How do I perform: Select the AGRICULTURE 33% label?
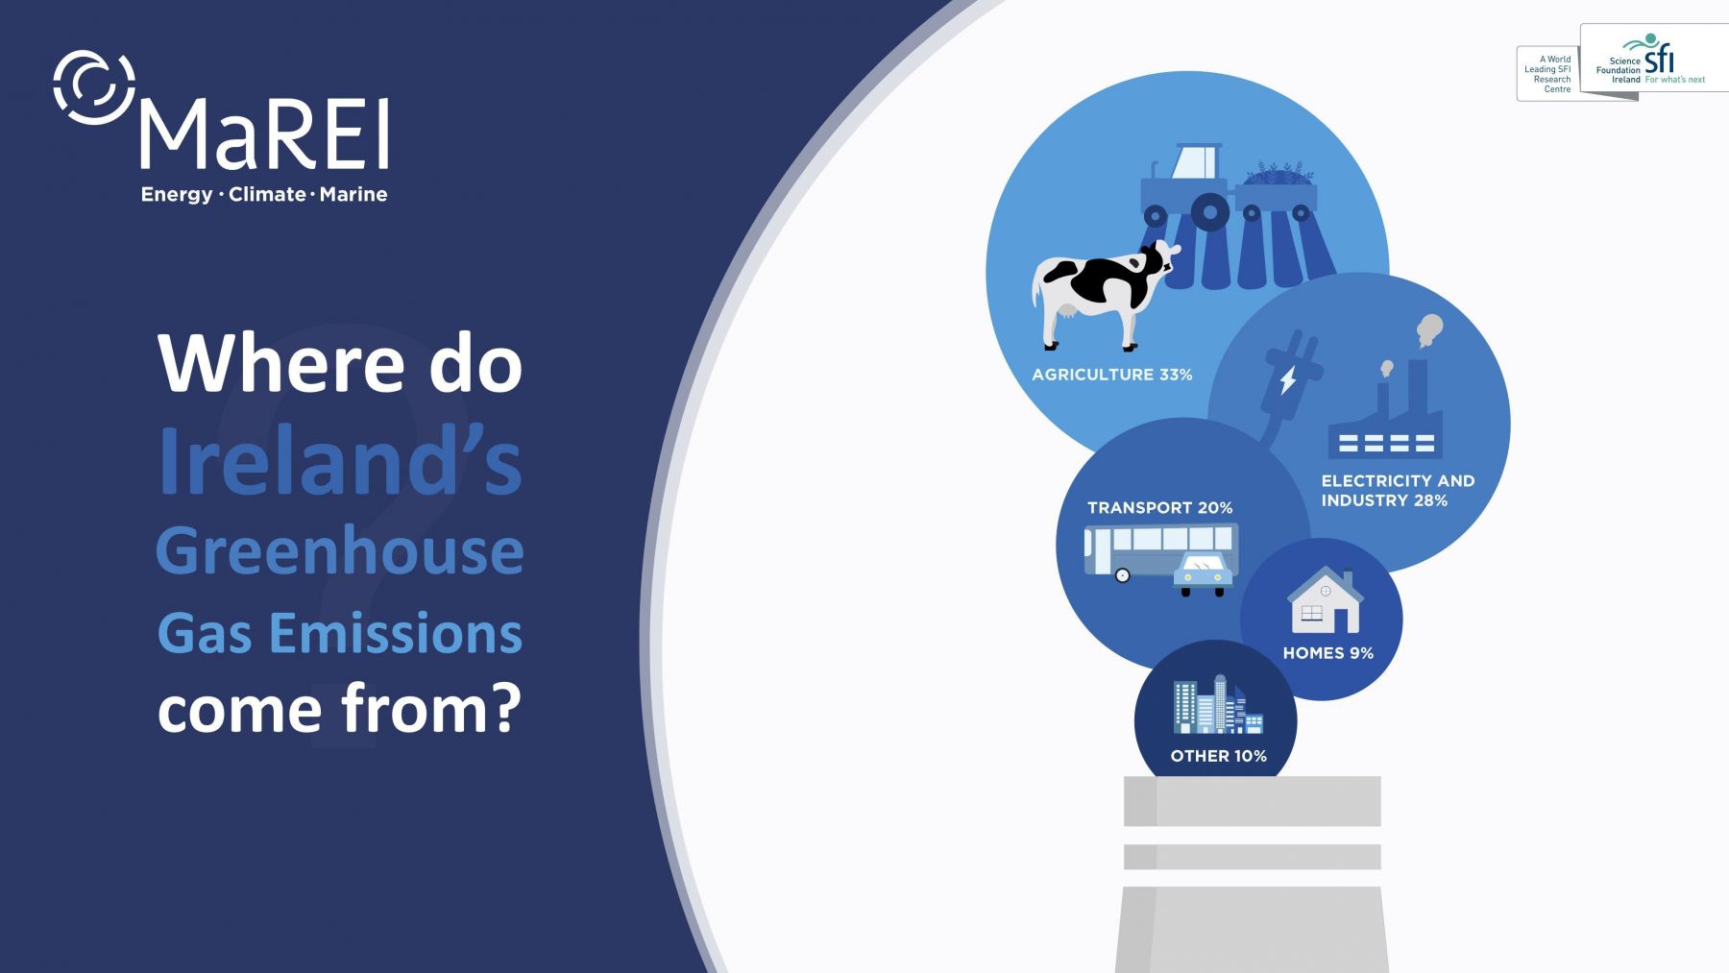(1111, 375)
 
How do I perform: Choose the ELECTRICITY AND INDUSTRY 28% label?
(1398, 490)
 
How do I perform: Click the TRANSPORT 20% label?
(1159, 507)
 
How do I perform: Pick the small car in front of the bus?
(1203, 574)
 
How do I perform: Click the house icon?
(1325, 599)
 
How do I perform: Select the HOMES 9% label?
(1327, 653)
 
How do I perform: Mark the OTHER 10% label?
(1218, 756)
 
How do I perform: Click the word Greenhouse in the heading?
(340, 551)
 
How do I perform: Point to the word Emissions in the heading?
(396, 633)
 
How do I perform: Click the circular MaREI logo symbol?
(94, 87)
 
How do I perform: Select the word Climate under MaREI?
(267, 194)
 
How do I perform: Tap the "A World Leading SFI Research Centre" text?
(1548, 74)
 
